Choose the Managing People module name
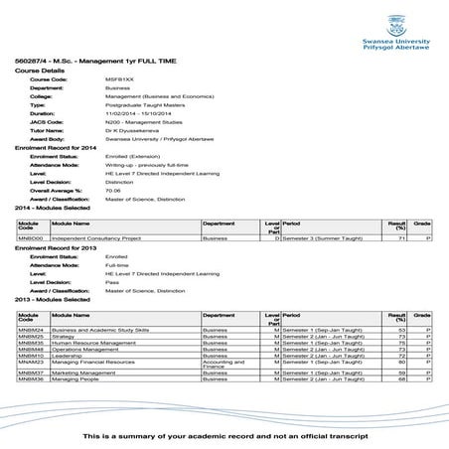pyautogui.click(x=76, y=379)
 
